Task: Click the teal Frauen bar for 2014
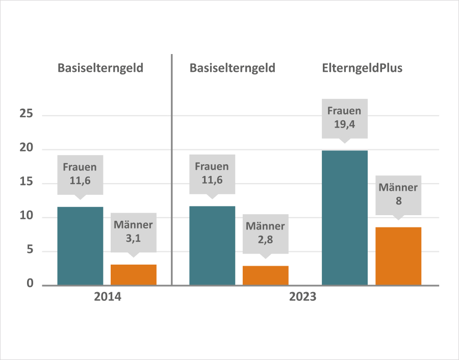[x=80, y=246]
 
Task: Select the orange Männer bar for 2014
[x=134, y=275]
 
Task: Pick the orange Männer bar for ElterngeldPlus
[x=398, y=256]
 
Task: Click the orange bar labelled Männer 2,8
[x=266, y=275]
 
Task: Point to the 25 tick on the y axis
[x=26, y=115]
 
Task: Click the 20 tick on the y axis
[x=26, y=149]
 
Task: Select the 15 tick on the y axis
[x=26, y=183]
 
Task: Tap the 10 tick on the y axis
[x=26, y=217]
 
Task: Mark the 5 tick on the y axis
[x=30, y=251]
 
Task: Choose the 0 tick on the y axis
[x=30, y=285]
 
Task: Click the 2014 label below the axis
[x=108, y=297]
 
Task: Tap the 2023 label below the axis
[x=303, y=297]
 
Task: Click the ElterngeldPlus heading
[x=362, y=68]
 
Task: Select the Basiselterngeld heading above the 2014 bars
[x=100, y=68]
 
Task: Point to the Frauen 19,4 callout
[x=344, y=117]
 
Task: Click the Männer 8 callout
[x=398, y=194]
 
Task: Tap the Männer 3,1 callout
[x=134, y=232]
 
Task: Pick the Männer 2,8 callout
[x=266, y=233]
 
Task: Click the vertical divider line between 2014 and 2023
[x=172, y=168]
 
